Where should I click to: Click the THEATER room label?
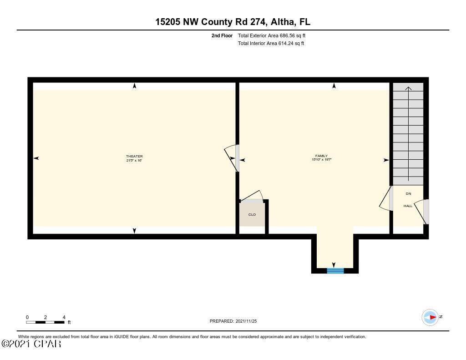[134, 157]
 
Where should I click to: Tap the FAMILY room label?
[321, 156]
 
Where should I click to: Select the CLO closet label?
[252, 214]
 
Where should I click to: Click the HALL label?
[408, 206]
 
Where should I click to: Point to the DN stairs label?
[408, 194]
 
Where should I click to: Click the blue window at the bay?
[335, 271]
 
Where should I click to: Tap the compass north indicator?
[431, 317]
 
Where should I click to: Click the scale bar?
[45, 322]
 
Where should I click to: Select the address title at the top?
[233, 22]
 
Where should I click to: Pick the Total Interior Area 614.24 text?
[271, 44]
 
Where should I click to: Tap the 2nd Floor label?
[222, 35]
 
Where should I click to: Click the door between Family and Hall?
[387, 199]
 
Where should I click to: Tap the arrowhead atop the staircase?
[408, 89]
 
